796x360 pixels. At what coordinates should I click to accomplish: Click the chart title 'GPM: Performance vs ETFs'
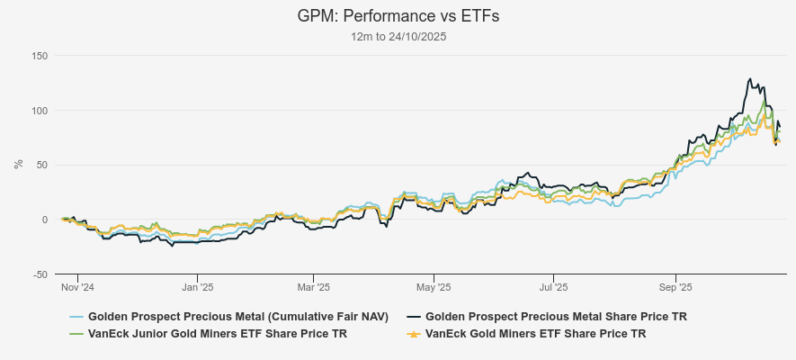(x=398, y=17)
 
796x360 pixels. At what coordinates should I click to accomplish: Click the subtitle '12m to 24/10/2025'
(x=398, y=37)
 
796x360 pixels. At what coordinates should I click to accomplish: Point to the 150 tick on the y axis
(x=39, y=56)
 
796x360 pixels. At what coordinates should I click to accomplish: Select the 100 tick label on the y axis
(x=39, y=111)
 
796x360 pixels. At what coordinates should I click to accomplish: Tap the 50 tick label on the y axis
(x=41, y=165)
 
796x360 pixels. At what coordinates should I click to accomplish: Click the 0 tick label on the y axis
(x=44, y=220)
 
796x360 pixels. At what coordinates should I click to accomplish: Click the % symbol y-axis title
(x=18, y=165)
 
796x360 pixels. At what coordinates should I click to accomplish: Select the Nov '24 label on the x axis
(x=77, y=288)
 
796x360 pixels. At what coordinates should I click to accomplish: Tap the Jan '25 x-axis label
(x=197, y=288)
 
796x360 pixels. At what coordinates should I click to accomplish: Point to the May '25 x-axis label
(x=434, y=288)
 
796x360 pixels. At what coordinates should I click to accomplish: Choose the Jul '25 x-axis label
(x=553, y=288)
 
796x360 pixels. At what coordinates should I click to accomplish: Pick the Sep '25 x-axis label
(x=675, y=288)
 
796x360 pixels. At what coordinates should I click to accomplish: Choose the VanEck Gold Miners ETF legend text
(x=535, y=334)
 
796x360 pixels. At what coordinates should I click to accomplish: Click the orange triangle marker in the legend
(x=414, y=334)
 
